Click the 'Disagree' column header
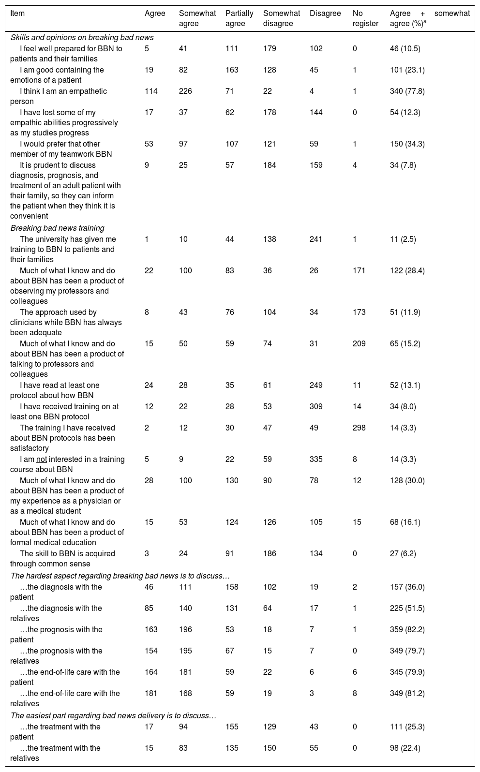click(325, 14)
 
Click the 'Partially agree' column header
click(239, 18)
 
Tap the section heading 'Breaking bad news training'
click(57, 228)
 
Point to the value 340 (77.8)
click(407, 91)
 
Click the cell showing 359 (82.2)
click(407, 630)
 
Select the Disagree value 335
click(315, 460)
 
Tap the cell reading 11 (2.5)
click(403, 239)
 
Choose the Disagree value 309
click(315, 407)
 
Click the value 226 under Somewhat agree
click(185, 91)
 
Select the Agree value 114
click(151, 91)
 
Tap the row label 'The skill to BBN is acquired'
click(67, 553)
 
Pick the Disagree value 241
click(315, 239)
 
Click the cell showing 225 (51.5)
click(407, 609)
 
